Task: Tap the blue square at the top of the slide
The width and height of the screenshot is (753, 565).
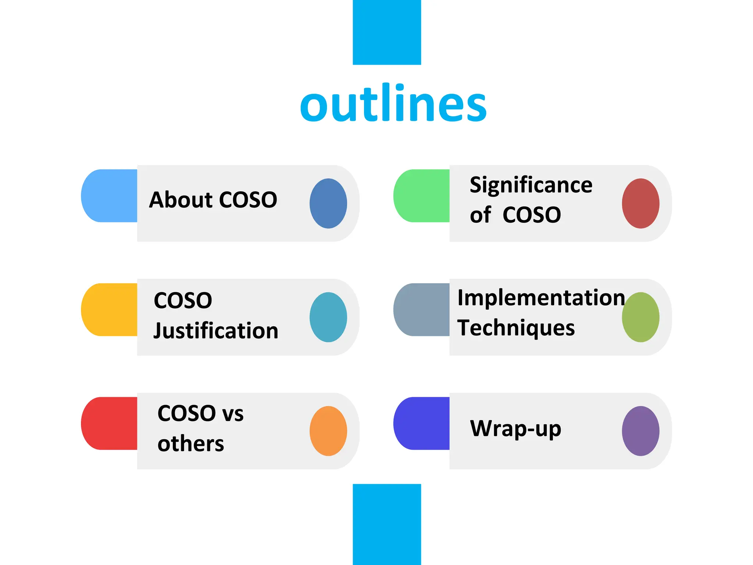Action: [x=387, y=32]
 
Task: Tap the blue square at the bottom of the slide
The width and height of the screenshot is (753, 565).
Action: [x=387, y=524]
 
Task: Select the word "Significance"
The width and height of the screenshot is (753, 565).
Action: [x=531, y=185]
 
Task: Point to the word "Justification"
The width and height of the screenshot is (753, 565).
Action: [x=216, y=330]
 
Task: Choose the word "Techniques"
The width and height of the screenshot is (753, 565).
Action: [x=516, y=327]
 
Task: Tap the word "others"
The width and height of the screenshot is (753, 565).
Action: [x=190, y=443]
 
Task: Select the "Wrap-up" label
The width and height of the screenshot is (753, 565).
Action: [x=515, y=429]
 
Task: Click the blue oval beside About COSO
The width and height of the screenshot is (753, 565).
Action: [x=328, y=203]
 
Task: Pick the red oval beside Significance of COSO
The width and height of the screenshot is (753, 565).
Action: [x=640, y=203]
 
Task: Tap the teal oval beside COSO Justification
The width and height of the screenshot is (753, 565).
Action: [x=328, y=317]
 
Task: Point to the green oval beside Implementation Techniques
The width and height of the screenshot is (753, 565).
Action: [x=640, y=317]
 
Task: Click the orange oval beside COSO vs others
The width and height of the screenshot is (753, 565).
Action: [x=328, y=431]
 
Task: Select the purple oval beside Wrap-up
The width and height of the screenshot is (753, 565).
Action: [x=640, y=431]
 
